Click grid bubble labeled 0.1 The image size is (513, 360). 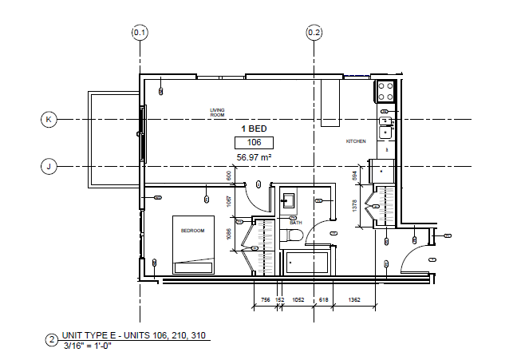click(140, 33)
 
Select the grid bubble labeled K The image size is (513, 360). click(49, 120)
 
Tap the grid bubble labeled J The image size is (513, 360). click(49, 167)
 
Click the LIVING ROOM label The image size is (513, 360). click(218, 113)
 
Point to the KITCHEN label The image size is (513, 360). click(356, 141)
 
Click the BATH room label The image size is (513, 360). click(297, 223)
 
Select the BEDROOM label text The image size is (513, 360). click(192, 231)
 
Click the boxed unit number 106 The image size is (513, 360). click(254, 143)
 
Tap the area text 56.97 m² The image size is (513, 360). click(255, 158)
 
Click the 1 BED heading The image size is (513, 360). click(255, 128)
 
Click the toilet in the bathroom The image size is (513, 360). click(292, 235)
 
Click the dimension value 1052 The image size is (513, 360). click(299, 299)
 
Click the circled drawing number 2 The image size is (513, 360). click(52, 339)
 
